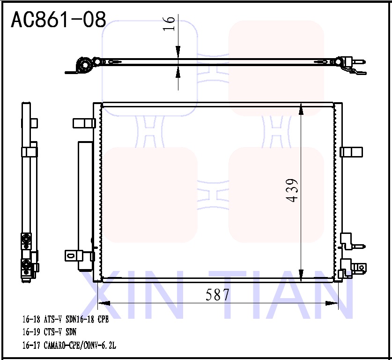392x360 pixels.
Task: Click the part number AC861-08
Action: click(x=58, y=19)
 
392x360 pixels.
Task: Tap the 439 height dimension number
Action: click(x=292, y=190)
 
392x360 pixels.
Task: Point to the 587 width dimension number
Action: click(x=218, y=294)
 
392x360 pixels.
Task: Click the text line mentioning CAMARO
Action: click(x=69, y=345)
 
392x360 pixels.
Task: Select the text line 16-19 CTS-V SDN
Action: click(x=49, y=332)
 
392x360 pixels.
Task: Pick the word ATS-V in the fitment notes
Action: click(x=54, y=320)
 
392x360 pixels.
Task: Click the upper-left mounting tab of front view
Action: click(x=83, y=123)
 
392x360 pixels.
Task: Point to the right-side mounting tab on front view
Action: click(x=351, y=152)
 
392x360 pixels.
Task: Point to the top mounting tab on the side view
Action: click(x=33, y=123)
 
